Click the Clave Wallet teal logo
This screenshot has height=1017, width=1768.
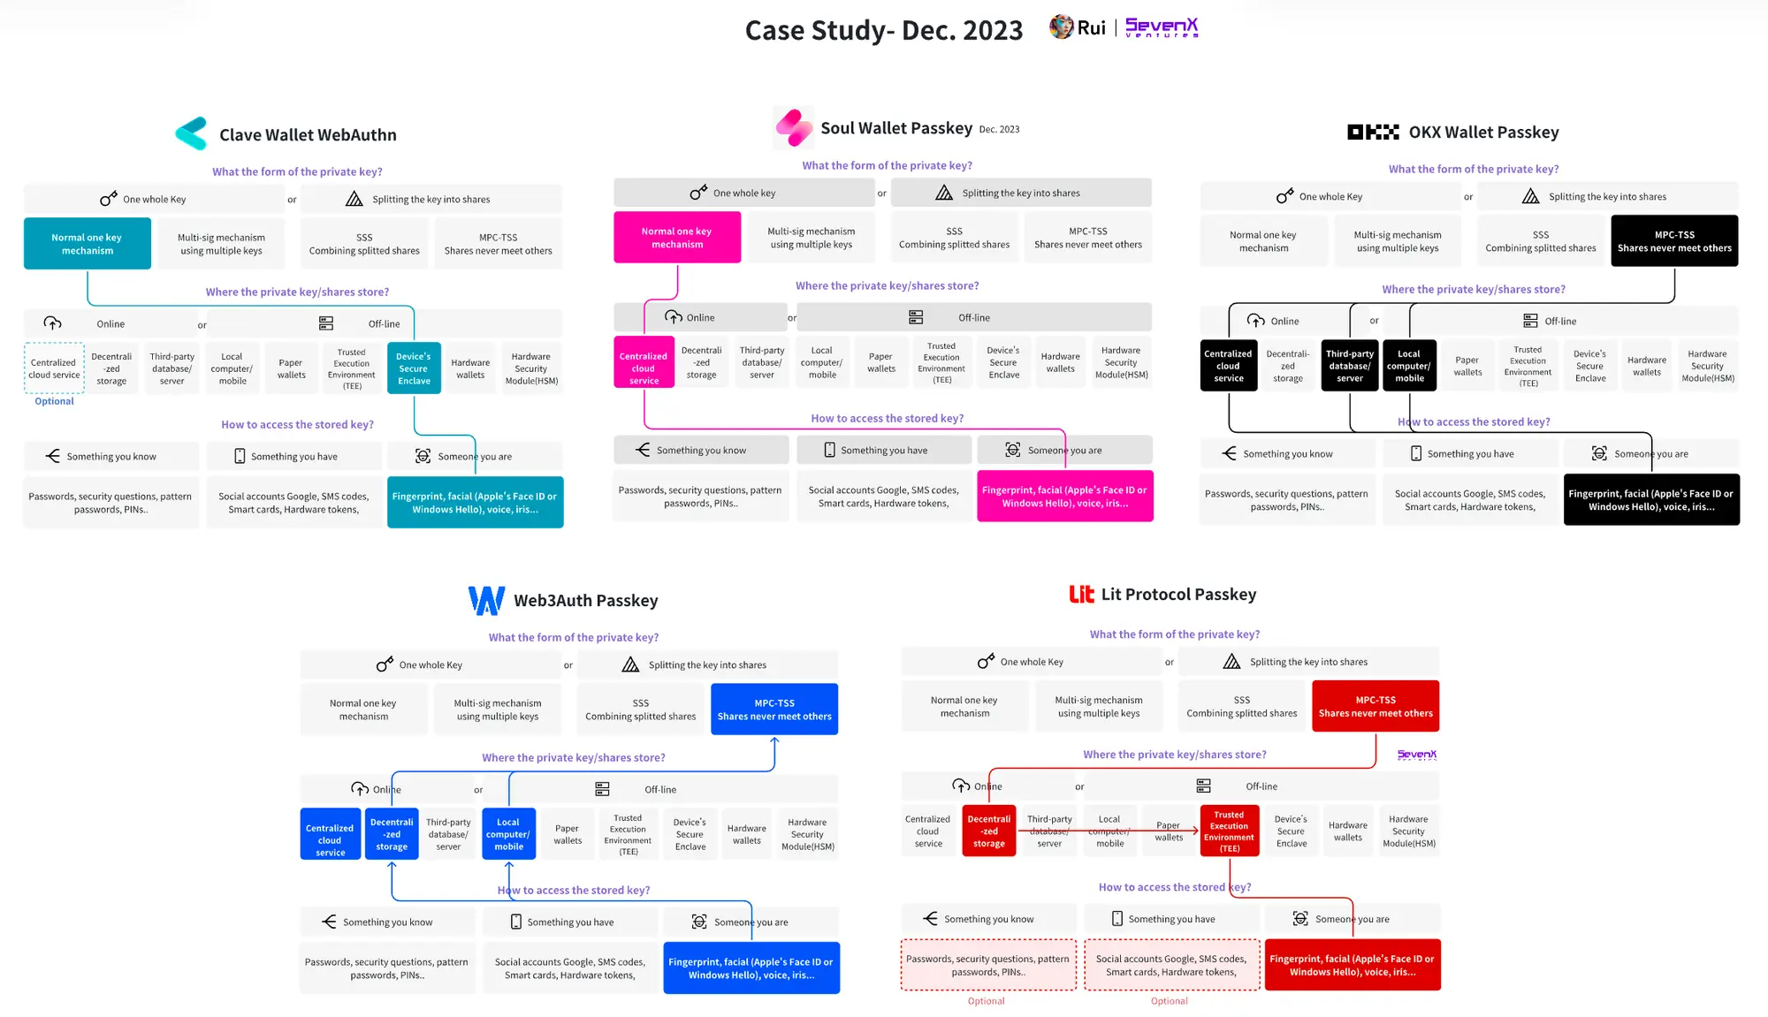tap(191, 133)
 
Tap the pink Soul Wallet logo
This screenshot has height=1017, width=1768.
tap(794, 127)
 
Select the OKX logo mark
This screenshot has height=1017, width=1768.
tap(1372, 133)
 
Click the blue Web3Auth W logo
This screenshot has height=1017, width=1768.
tap(486, 600)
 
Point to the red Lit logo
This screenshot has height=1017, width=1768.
tap(1081, 594)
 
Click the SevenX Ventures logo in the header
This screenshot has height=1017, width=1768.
tap(1161, 28)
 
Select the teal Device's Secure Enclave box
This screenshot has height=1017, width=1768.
tap(414, 368)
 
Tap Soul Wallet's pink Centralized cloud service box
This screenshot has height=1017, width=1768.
tap(644, 362)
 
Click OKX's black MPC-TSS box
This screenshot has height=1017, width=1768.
tap(1674, 241)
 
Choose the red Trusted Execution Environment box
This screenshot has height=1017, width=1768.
tap(1229, 831)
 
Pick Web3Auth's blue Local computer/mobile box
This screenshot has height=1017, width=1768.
tap(508, 834)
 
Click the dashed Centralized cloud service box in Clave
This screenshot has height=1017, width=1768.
tap(54, 368)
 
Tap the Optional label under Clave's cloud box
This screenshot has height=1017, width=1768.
tap(54, 401)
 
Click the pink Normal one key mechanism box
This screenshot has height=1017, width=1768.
tap(677, 238)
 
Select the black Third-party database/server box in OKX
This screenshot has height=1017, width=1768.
tap(1349, 366)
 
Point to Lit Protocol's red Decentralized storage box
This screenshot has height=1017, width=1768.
tap(988, 831)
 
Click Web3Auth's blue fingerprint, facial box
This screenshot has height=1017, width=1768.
tap(751, 968)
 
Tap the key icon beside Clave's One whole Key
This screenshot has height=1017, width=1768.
tap(109, 199)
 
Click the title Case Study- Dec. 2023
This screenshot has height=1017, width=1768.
tap(884, 30)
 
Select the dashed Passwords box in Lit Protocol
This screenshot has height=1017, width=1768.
tap(987, 965)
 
